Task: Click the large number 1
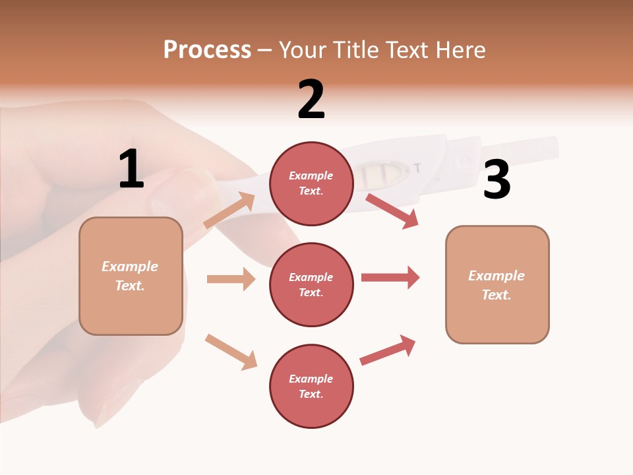coord(131,170)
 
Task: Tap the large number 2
coord(311,100)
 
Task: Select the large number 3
coord(497,180)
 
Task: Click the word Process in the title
coord(207,49)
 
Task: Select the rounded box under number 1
coord(131,276)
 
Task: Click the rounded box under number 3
coord(497,284)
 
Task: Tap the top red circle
coord(311,183)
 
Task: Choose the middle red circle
coord(311,284)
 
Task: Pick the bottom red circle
coord(311,386)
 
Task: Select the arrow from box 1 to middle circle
coord(231,279)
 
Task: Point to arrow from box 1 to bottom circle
coord(231,351)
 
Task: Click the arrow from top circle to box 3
coord(392,210)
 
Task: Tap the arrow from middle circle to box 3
coord(390,277)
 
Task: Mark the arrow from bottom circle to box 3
coord(388,350)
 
